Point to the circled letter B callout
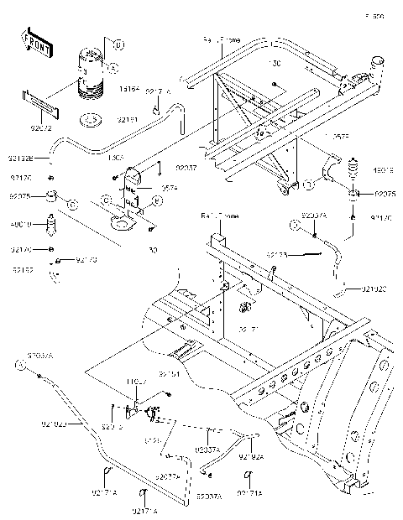point(118,44)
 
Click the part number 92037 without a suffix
point(186,169)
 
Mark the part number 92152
point(24,270)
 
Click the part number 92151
point(170,374)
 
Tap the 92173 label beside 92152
point(86,261)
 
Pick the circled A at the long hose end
point(18,364)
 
